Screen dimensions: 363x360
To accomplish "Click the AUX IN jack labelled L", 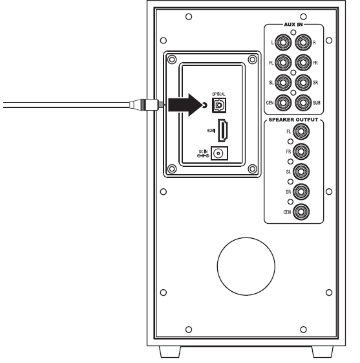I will [x=282, y=43].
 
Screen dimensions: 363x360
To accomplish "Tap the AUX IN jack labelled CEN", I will [x=282, y=102].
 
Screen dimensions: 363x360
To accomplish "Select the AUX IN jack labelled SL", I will [x=282, y=82].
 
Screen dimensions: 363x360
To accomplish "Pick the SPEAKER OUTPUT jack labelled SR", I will [x=301, y=192].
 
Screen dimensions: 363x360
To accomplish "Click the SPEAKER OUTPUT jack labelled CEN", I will [x=301, y=212].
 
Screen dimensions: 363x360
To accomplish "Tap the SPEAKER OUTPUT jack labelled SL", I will [x=301, y=172].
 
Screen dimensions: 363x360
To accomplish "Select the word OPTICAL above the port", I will [x=218, y=92].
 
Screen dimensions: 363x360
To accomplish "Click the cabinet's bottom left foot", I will [x=169, y=353].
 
